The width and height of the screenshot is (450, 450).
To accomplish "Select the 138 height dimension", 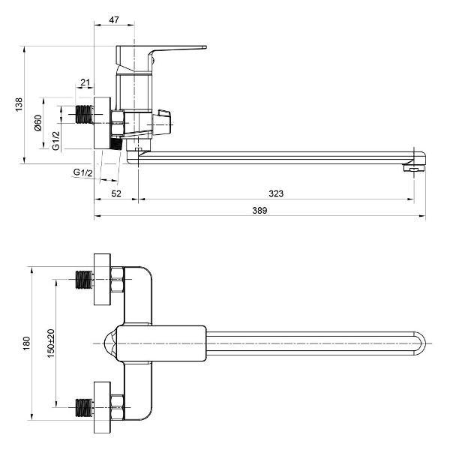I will pyautogui.click(x=19, y=104).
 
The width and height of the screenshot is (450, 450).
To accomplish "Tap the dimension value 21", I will pyautogui.click(x=85, y=82).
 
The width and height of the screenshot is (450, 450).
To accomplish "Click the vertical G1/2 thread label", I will pyautogui.click(x=56, y=139).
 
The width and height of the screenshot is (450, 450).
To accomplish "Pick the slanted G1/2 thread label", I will pyautogui.click(x=82, y=173).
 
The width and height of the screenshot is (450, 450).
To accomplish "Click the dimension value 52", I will pyautogui.click(x=115, y=193).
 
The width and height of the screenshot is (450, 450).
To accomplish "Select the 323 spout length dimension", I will pyautogui.click(x=276, y=193).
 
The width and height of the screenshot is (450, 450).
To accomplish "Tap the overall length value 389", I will pyautogui.click(x=259, y=211).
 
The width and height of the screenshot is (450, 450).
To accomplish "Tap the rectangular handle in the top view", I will pyautogui.click(x=161, y=344).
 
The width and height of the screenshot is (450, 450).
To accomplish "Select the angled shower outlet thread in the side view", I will pyautogui.click(x=115, y=142).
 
